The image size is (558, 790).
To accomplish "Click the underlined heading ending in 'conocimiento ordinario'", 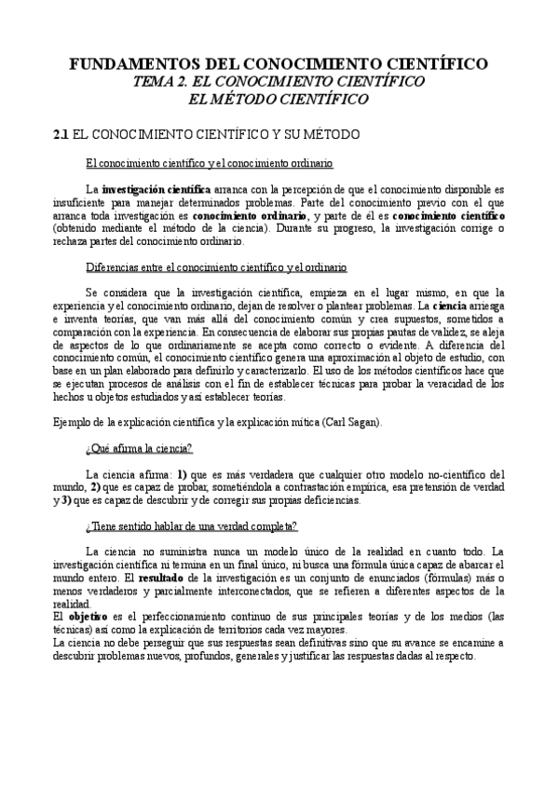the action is click(208, 164).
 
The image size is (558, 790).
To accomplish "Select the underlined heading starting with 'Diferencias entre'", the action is click(216, 267).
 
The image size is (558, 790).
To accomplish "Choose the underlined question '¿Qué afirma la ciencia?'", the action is click(138, 449).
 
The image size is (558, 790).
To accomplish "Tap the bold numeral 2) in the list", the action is click(94, 486).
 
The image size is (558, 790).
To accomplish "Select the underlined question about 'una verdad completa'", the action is click(191, 526).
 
